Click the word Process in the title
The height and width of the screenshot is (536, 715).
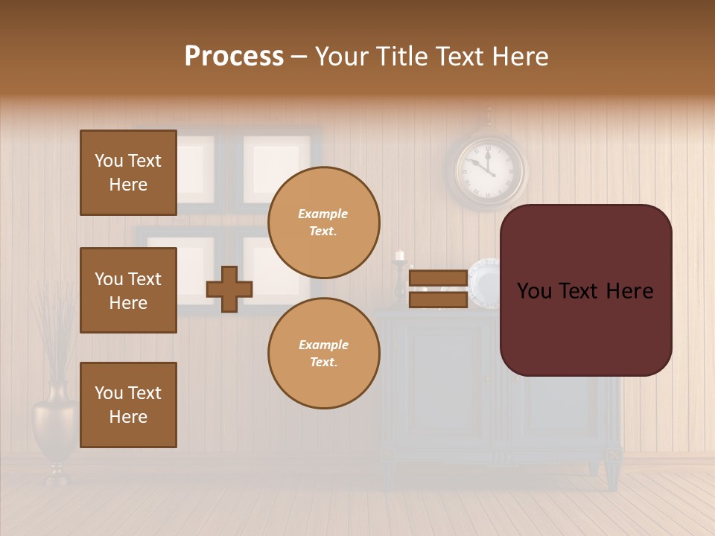(234, 57)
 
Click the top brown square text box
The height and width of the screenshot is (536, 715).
(128, 173)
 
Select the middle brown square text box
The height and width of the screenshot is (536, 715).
(128, 290)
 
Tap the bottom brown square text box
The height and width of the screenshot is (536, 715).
(128, 405)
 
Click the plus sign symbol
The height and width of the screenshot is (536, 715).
(229, 289)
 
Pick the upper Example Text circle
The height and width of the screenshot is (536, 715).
(323, 223)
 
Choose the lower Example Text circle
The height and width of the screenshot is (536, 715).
(323, 354)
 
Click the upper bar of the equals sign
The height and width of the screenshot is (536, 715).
(438, 278)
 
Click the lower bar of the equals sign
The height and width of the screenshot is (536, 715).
(438, 300)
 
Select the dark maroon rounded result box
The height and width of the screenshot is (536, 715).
(585, 290)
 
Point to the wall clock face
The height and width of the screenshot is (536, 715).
(486, 167)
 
